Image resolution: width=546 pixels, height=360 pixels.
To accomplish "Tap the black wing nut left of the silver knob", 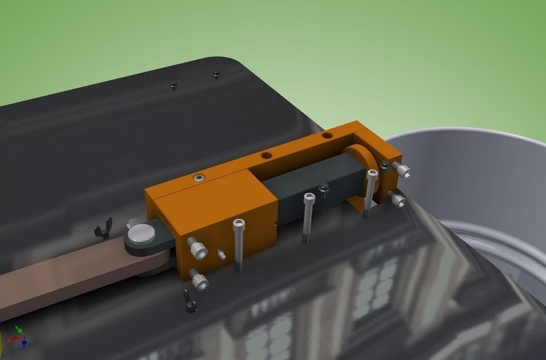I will pyautogui.click(x=102, y=230).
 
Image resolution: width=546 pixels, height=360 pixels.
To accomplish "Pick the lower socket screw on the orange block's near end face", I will pyautogui.click(x=199, y=279).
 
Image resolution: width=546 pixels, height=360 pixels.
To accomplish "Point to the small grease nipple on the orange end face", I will pyautogui.click(x=221, y=254).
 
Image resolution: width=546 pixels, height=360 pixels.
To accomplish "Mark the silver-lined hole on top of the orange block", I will pyautogui.click(x=198, y=177).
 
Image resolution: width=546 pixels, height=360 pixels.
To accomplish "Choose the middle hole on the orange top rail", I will pyautogui.click(x=266, y=155).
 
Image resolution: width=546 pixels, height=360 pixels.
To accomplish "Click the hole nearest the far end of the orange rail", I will pyautogui.click(x=326, y=136).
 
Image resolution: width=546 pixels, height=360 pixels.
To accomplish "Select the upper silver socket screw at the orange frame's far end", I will pyautogui.click(x=402, y=169).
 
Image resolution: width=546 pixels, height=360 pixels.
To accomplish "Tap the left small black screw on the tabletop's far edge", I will pyautogui.click(x=174, y=85).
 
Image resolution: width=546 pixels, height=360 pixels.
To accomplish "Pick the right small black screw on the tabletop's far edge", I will pyautogui.click(x=216, y=74).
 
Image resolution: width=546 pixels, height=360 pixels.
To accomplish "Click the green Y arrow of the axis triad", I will pyautogui.click(x=18, y=329).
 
